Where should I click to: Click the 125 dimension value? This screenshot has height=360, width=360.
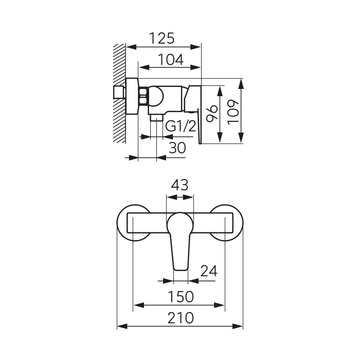(x=162, y=38)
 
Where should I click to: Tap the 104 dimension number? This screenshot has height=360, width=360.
(x=171, y=60)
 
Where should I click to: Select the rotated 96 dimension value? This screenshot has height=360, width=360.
(x=212, y=113)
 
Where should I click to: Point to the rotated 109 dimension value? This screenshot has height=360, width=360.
(x=233, y=112)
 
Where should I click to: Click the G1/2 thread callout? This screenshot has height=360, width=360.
(x=181, y=126)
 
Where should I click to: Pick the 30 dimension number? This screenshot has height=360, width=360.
(x=177, y=148)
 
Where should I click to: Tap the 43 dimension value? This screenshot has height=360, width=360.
(x=180, y=185)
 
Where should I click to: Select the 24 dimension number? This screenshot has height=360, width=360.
(x=209, y=271)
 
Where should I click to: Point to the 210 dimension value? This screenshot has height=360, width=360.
(x=181, y=318)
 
